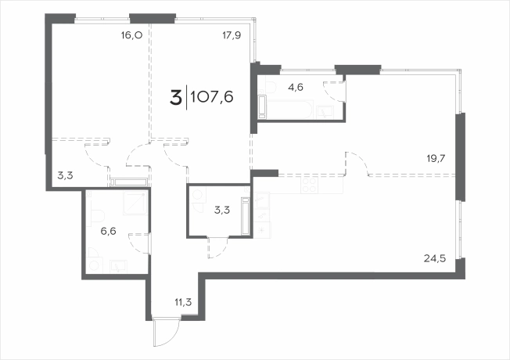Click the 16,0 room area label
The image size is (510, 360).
point(131,35)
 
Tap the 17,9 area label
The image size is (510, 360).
point(232,35)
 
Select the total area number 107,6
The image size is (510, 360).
point(212,97)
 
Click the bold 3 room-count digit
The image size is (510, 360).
point(175,98)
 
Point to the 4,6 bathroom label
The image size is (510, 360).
point(296,87)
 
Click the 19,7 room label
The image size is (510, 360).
point(436,159)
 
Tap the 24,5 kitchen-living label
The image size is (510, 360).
point(435,259)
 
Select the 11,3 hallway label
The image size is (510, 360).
point(184,302)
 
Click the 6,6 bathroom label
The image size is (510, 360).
point(108,232)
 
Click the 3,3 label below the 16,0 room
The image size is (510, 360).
point(65,176)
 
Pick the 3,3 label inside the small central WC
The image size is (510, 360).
point(222,211)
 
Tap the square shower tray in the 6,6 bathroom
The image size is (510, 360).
point(135,203)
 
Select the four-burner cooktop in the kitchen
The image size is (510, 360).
point(309,185)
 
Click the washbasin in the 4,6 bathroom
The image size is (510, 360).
point(325,112)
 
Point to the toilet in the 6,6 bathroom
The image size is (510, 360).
point(96,215)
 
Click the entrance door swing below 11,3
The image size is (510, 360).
point(167,333)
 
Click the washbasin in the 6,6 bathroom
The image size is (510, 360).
point(118,266)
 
